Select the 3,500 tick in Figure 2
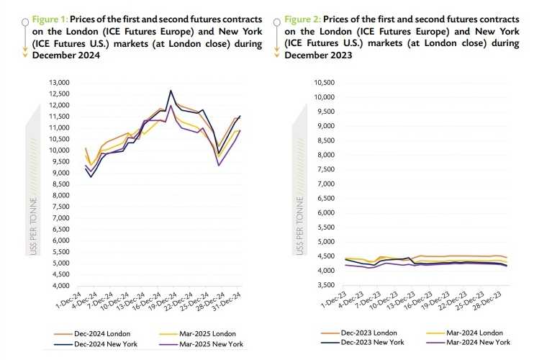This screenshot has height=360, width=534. [x=327, y=285]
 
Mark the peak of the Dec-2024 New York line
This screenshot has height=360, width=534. [x=171, y=91]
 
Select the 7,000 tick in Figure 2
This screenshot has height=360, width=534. [x=327, y=184]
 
